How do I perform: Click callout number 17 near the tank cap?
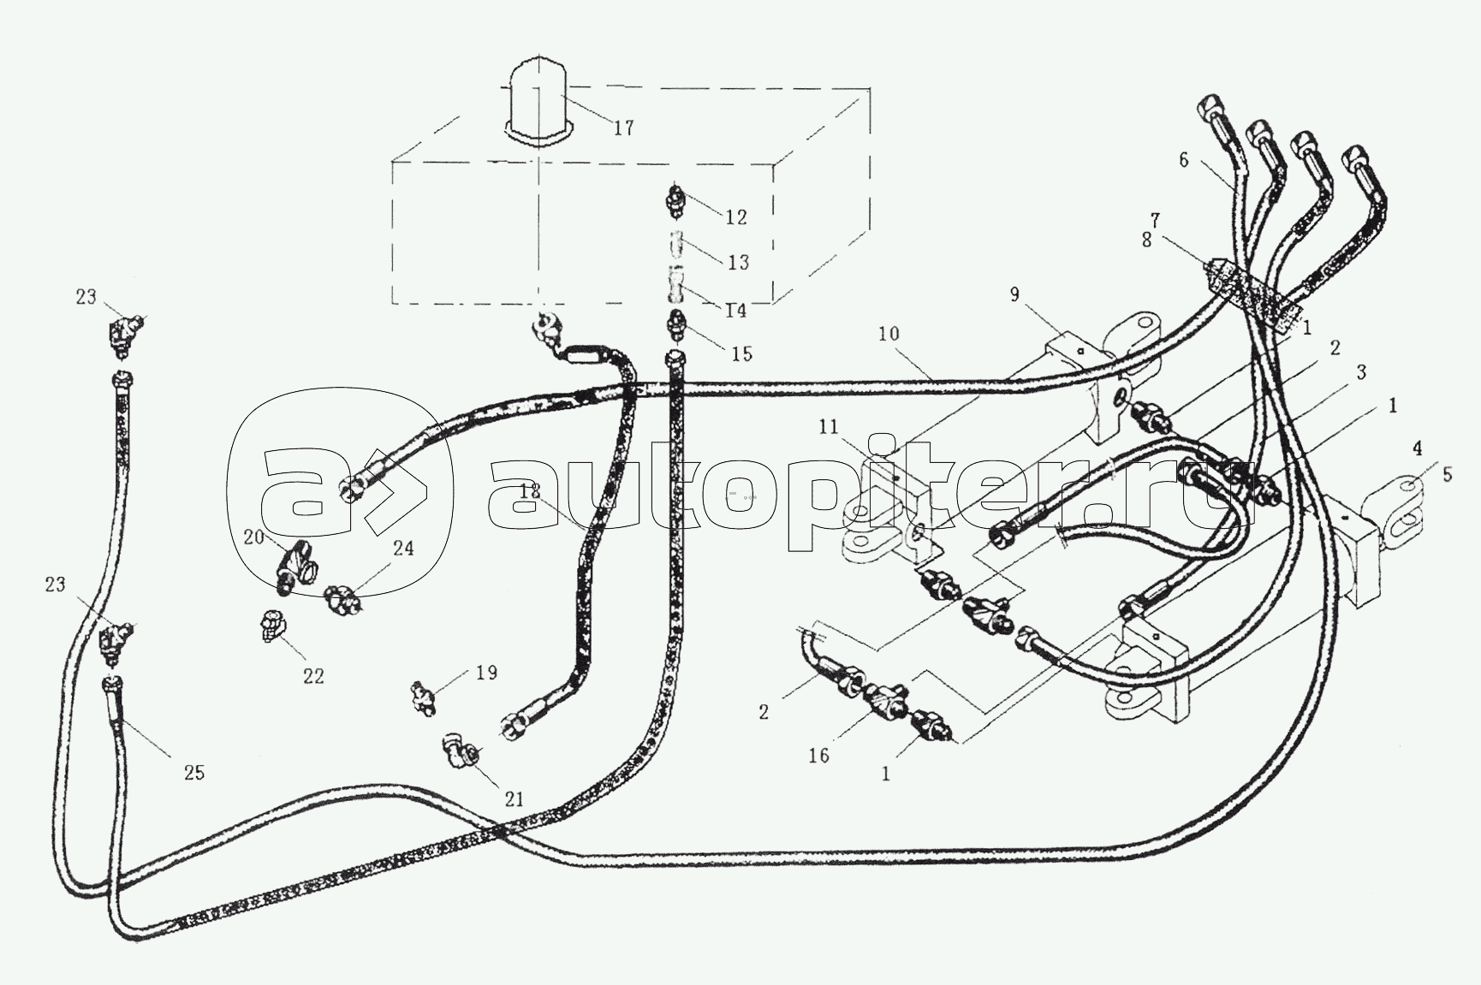(x=623, y=128)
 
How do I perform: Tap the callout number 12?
(x=735, y=217)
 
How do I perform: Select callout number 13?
(x=738, y=262)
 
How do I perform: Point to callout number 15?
(x=741, y=353)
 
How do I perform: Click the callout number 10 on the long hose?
(x=889, y=333)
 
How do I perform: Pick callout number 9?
(x=1014, y=294)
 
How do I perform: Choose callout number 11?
(x=828, y=428)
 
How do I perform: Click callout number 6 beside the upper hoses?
(x=1184, y=159)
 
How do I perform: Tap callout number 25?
(x=194, y=772)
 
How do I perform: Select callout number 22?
(x=313, y=675)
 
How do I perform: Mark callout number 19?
(x=486, y=673)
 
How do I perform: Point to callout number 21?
(x=514, y=799)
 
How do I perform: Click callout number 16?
(x=819, y=756)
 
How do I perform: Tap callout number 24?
(x=403, y=548)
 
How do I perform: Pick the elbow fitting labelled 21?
(x=461, y=751)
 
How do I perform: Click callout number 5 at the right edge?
(x=1448, y=474)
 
